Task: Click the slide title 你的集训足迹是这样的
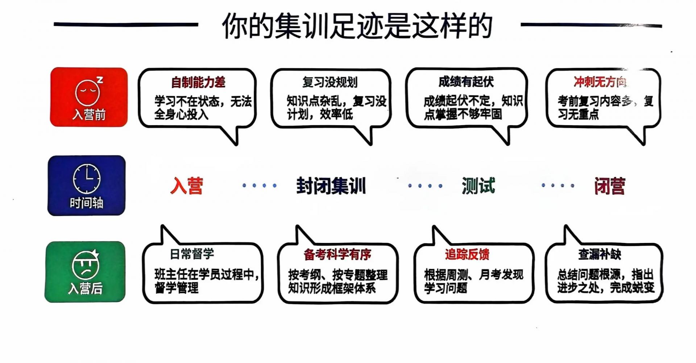357,26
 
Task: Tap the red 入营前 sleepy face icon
88,91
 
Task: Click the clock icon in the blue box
87,178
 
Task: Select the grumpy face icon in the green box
86,264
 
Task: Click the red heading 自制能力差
198,82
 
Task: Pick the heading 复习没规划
330,82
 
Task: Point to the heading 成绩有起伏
466,82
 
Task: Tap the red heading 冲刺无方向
600,82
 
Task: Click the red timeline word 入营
187,186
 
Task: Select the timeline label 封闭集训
331,186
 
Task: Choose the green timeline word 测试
478,186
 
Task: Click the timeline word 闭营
610,186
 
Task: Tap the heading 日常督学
192,254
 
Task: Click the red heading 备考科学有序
337,255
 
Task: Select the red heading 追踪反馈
467,255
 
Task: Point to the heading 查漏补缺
600,255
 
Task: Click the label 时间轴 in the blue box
86,203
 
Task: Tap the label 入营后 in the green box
85,289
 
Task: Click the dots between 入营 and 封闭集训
259,186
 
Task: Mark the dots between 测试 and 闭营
558,186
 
